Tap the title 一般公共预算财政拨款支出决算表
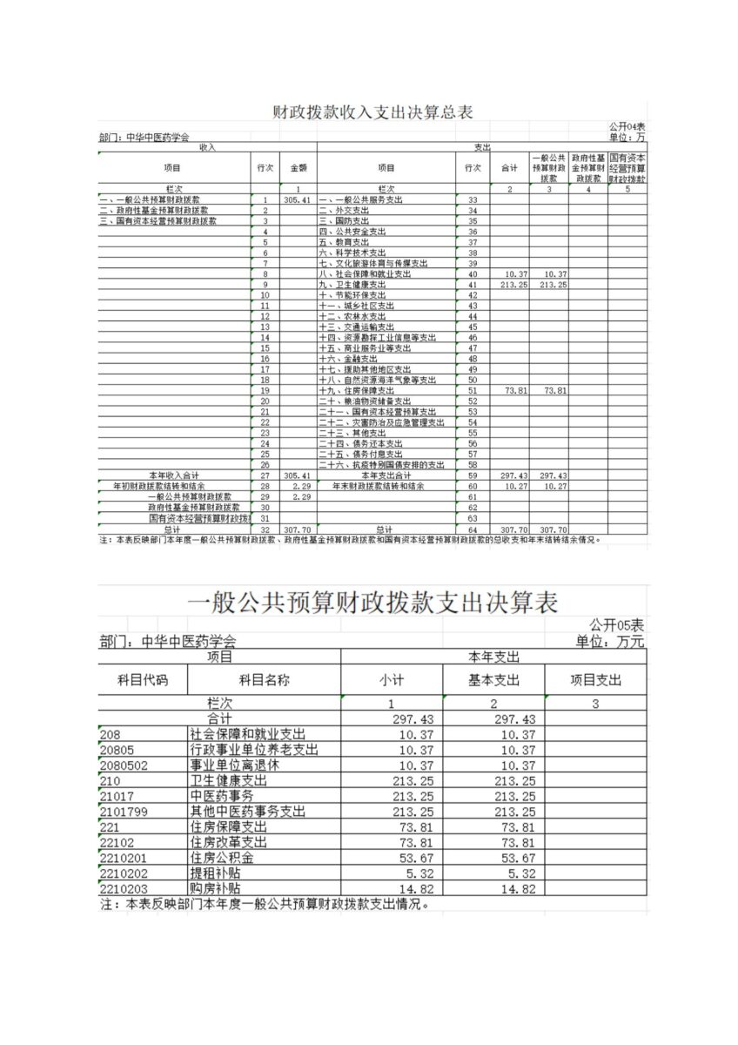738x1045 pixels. (372, 602)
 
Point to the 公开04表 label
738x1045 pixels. (627, 127)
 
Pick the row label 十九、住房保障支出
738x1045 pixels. (356, 391)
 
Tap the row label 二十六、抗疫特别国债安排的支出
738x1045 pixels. (381, 465)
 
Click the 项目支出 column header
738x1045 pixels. (595, 680)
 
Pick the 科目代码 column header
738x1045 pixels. (143, 680)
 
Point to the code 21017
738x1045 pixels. (117, 796)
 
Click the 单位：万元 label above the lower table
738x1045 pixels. (610, 642)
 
